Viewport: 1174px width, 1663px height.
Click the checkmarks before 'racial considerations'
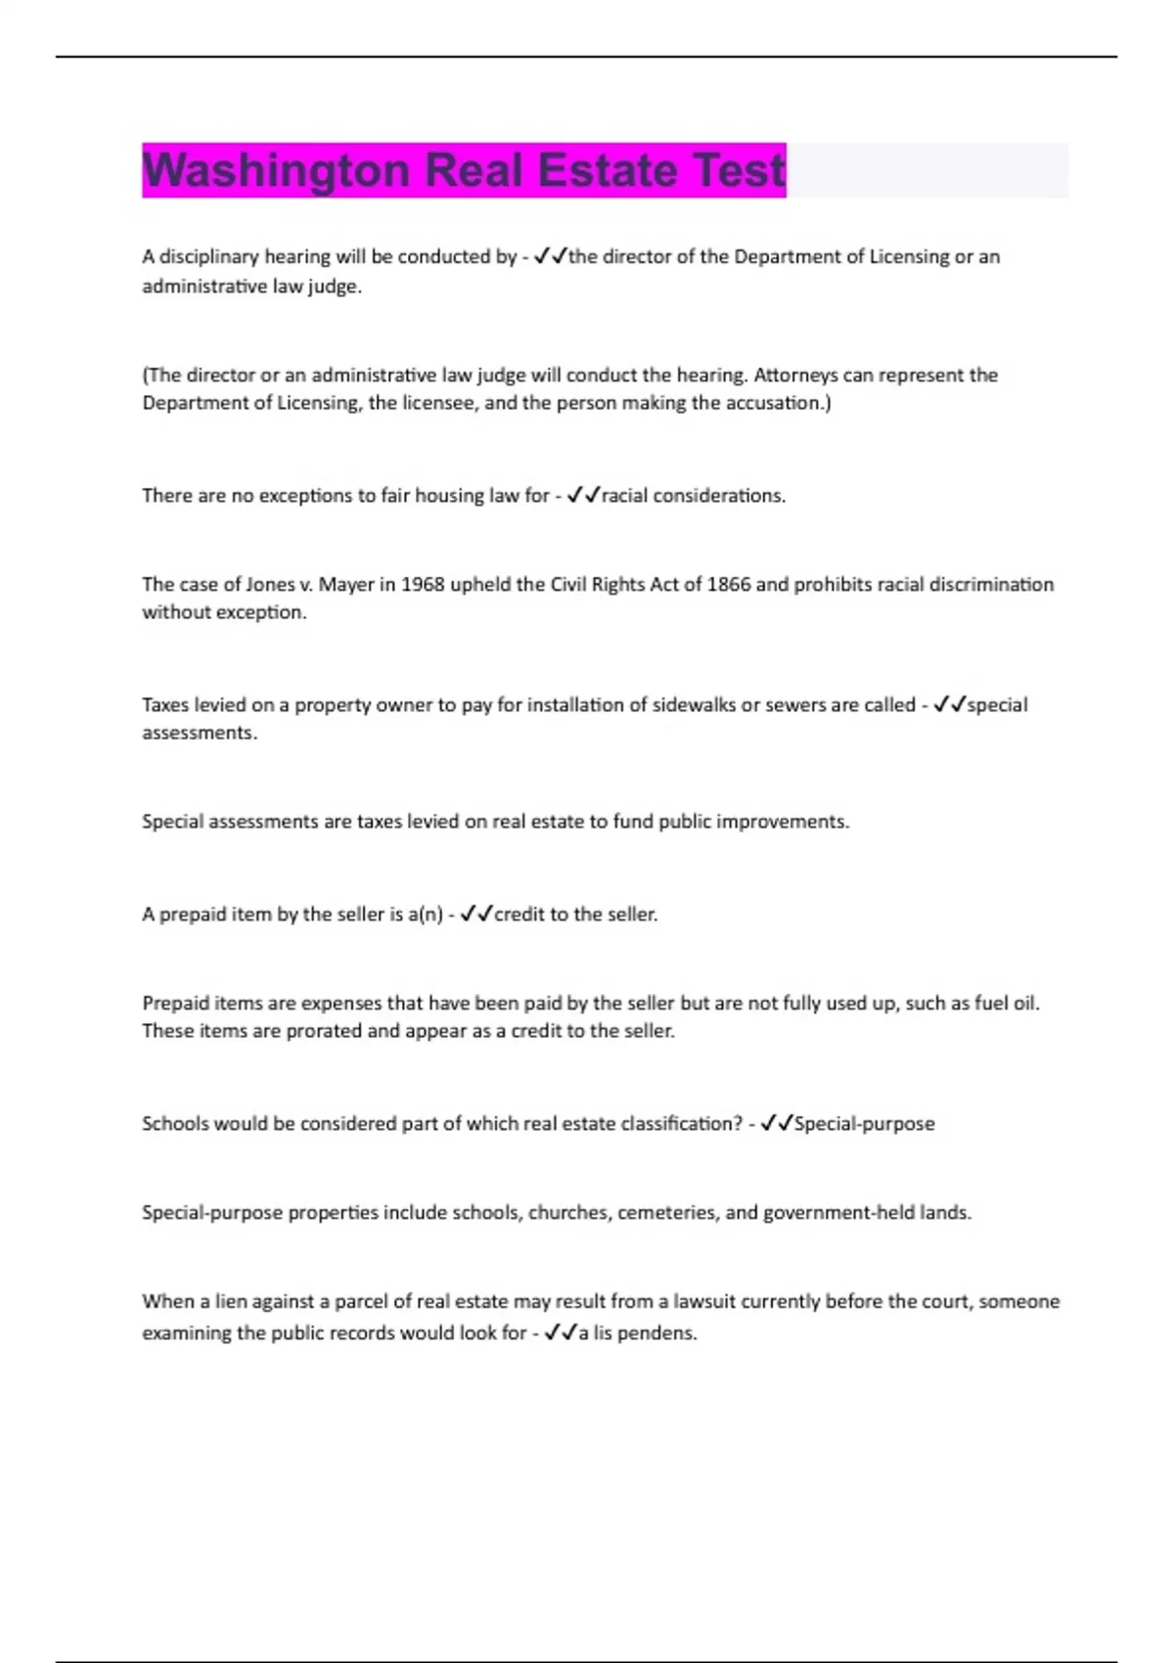click(x=583, y=495)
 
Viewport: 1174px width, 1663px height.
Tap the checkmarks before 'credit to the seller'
click(x=476, y=914)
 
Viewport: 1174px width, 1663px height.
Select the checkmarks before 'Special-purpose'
click(x=777, y=1123)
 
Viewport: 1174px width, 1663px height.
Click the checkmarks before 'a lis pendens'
click(x=561, y=1332)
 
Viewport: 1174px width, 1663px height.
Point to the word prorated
click(x=324, y=1030)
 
